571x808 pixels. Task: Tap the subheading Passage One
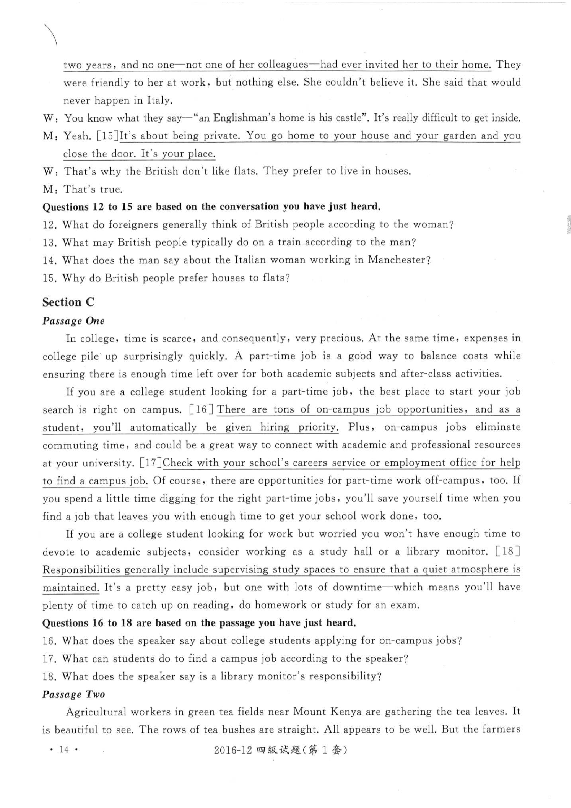[x=74, y=321]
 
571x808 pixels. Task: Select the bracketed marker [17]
[x=150, y=463]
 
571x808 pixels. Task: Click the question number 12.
[x=50, y=225]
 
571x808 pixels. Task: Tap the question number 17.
[x=50, y=658]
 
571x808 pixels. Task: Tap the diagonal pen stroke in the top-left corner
[x=50, y=35]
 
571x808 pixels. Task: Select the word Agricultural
[x=96, y=712]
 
